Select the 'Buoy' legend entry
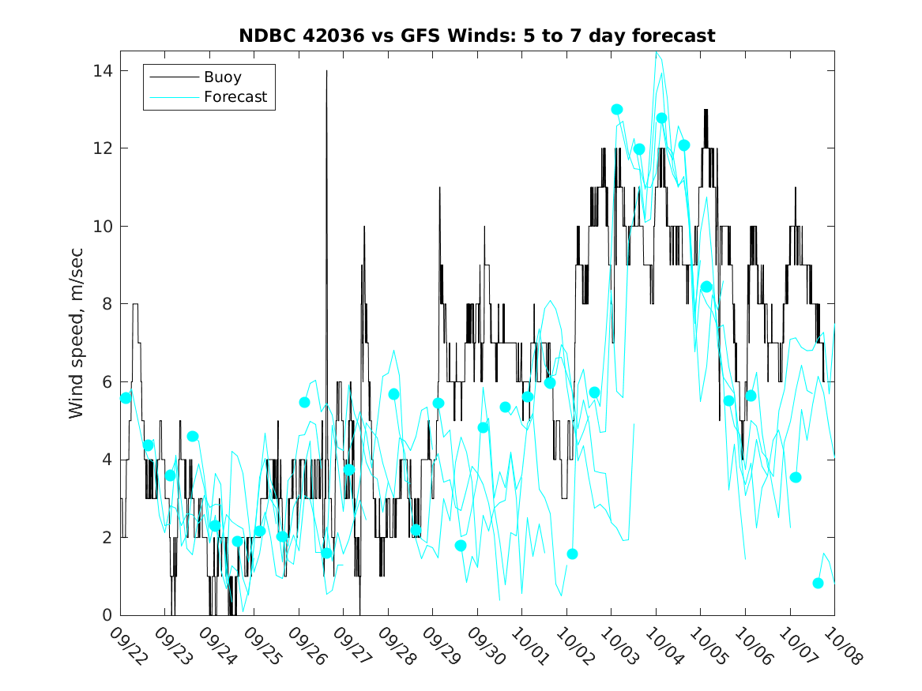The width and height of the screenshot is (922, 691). (222, 77)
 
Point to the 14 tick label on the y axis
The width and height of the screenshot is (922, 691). (102, 71)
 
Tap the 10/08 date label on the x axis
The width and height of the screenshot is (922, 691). (840, 644)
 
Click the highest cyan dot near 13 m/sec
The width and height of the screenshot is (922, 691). (617, 110)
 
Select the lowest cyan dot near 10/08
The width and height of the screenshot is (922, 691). (818, 584)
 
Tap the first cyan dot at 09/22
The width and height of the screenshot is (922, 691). (126, 398)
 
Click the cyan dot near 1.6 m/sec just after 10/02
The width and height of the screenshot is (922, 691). (572, 554)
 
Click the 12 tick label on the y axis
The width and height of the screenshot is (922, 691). (102, 148)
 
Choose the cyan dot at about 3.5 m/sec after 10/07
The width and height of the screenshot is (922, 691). (796, 477)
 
